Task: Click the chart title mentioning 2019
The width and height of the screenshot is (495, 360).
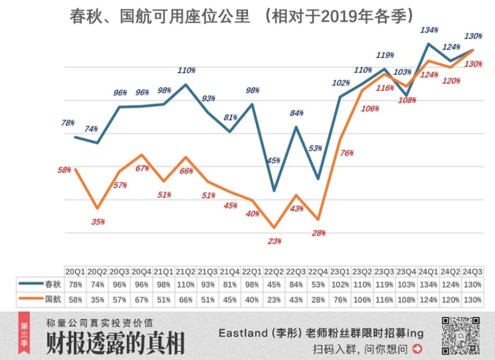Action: pyautogui.click(x=241, y=16)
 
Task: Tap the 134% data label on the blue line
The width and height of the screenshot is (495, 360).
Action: pyautogui.click(x=429, y=30)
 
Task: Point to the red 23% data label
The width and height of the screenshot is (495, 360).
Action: pyautogui.click(x=275, y=241)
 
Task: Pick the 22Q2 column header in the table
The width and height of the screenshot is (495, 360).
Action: pyautogui.click(x=274, y=272)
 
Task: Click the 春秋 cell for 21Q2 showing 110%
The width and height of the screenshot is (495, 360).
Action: pyautogui.click(x=185, y=285)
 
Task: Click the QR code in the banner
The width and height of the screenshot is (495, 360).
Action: pyautogui.click(x=460, y=336)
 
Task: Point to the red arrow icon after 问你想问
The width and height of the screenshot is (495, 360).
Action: pyautogui.click(x=417, y=348)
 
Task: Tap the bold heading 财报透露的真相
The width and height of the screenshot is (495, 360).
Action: pyautogui.click(x=115, y=342)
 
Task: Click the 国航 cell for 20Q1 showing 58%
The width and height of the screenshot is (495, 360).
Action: pyautogui.click(x=75, y=299)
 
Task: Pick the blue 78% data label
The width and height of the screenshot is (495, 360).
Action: pyautogui.click(x=68, y=123)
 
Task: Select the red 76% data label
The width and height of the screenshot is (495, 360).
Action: pyautogui.click(x=346, y=153)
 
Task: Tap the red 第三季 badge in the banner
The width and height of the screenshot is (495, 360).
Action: pyautogui.click(x=23, y=335)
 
